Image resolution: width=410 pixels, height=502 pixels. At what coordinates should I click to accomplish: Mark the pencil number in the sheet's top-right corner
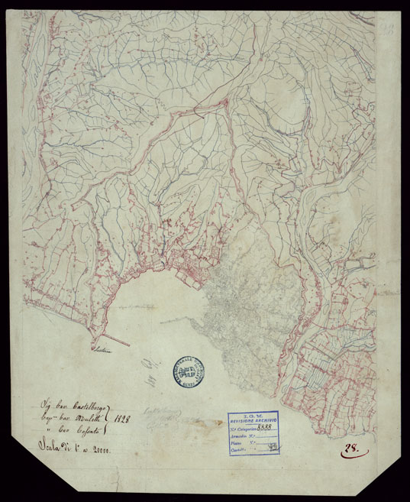[x=388, y=31]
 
